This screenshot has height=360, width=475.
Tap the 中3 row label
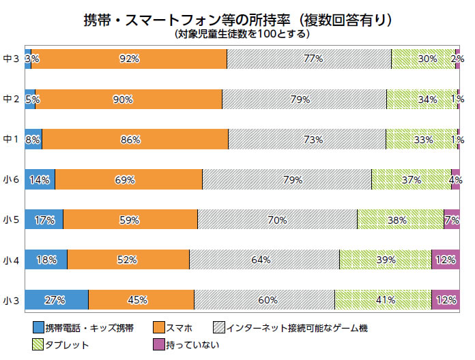11,59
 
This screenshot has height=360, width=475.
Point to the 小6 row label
11,179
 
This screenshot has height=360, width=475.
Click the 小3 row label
11,300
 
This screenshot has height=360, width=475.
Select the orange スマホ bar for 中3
129,59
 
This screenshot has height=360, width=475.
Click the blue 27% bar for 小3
56,300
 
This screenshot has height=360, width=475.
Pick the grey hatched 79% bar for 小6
287,179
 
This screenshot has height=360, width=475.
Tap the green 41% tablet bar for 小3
383,300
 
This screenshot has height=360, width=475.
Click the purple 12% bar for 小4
445,260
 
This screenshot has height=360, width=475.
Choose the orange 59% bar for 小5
130,220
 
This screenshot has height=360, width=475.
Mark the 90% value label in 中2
123,100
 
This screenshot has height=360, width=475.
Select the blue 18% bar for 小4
46,260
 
